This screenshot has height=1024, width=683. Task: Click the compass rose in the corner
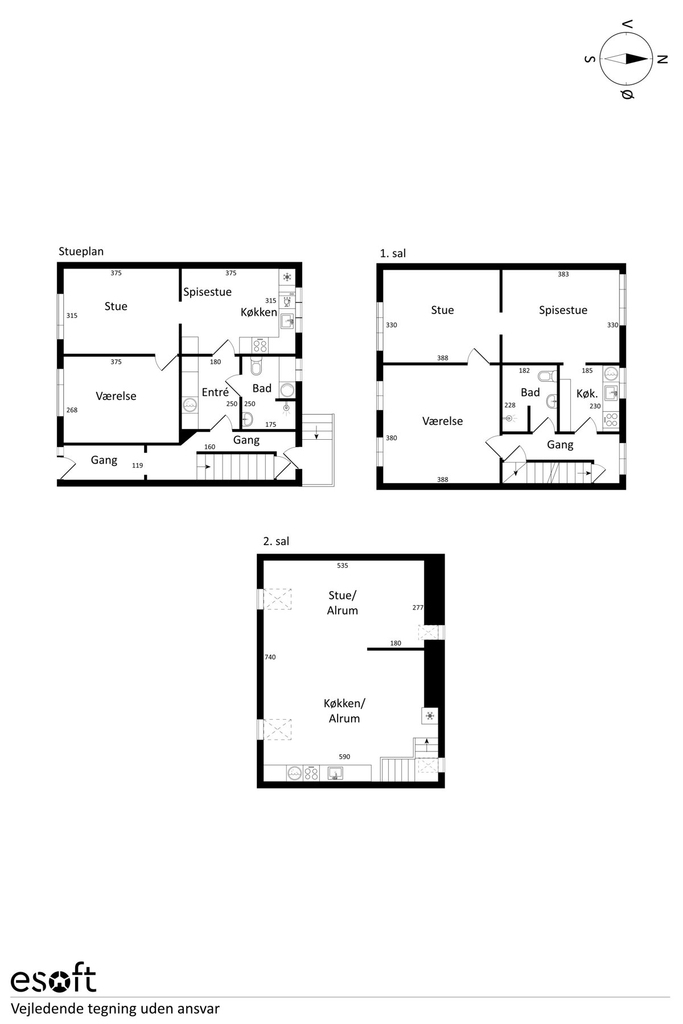(x=626, y=59)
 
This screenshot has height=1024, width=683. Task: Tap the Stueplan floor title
(x=81, y=251)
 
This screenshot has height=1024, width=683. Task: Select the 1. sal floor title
(x=393, y=254)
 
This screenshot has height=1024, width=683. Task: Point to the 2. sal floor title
(x=276, y=542)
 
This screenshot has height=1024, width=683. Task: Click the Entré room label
(x=215, y=392)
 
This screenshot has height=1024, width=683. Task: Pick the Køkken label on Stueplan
(x=259, y=312)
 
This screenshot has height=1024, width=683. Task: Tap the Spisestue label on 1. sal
(x=563, y=311)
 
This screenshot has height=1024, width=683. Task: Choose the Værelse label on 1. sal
(x=442, y=421)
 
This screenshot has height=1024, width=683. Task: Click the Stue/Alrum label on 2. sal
(x=343, y=603)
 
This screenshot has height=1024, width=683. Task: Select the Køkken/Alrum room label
(x=344, y=711)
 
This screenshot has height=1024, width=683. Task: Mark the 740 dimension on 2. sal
(x=270, y=657)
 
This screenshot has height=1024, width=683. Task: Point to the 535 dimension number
(x=342, y=565)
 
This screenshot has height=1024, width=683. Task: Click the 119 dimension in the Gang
(x=137, y=465)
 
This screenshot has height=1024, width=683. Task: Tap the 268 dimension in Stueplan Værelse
(x=72, y=410)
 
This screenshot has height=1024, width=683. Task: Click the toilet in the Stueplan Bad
(x=256, y=366)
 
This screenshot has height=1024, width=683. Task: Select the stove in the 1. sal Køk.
(x=611, y=419)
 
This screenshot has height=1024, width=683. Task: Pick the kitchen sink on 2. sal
(x=335, y=773)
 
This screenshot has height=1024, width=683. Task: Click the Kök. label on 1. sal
(x=587, y=393)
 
